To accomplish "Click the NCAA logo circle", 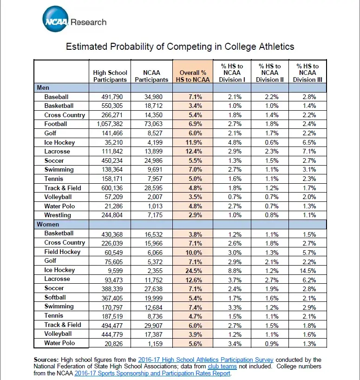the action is [x=55, y=19].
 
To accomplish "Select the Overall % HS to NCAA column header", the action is [x=193, y=76].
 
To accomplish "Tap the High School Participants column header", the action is [x=110, y=76].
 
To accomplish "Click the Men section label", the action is [x=43, y=87].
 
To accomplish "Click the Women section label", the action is [x=48, y=224].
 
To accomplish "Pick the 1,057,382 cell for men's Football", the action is [x=110, y=124].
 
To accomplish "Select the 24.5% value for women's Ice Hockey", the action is [x=194, y=271].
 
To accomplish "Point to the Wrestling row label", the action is [x=58, y=215].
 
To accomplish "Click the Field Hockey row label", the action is [x=62, y=252].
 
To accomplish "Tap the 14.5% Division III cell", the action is [x=308, y=271].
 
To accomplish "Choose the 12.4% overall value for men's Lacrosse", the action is [x=194, y=152].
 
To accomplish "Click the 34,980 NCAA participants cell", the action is [x=153, y=97].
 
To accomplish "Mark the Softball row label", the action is [x=55, y=297].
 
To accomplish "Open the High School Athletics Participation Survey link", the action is [x=205, y=360].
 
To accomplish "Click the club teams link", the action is [x=222, y=366].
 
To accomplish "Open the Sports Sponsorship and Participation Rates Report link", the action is [x=152, y=373].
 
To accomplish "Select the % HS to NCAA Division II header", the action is [x=270, y=73].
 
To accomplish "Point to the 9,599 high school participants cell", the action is [x=115, y=271].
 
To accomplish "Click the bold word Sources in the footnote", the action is [x=46, y=360].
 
